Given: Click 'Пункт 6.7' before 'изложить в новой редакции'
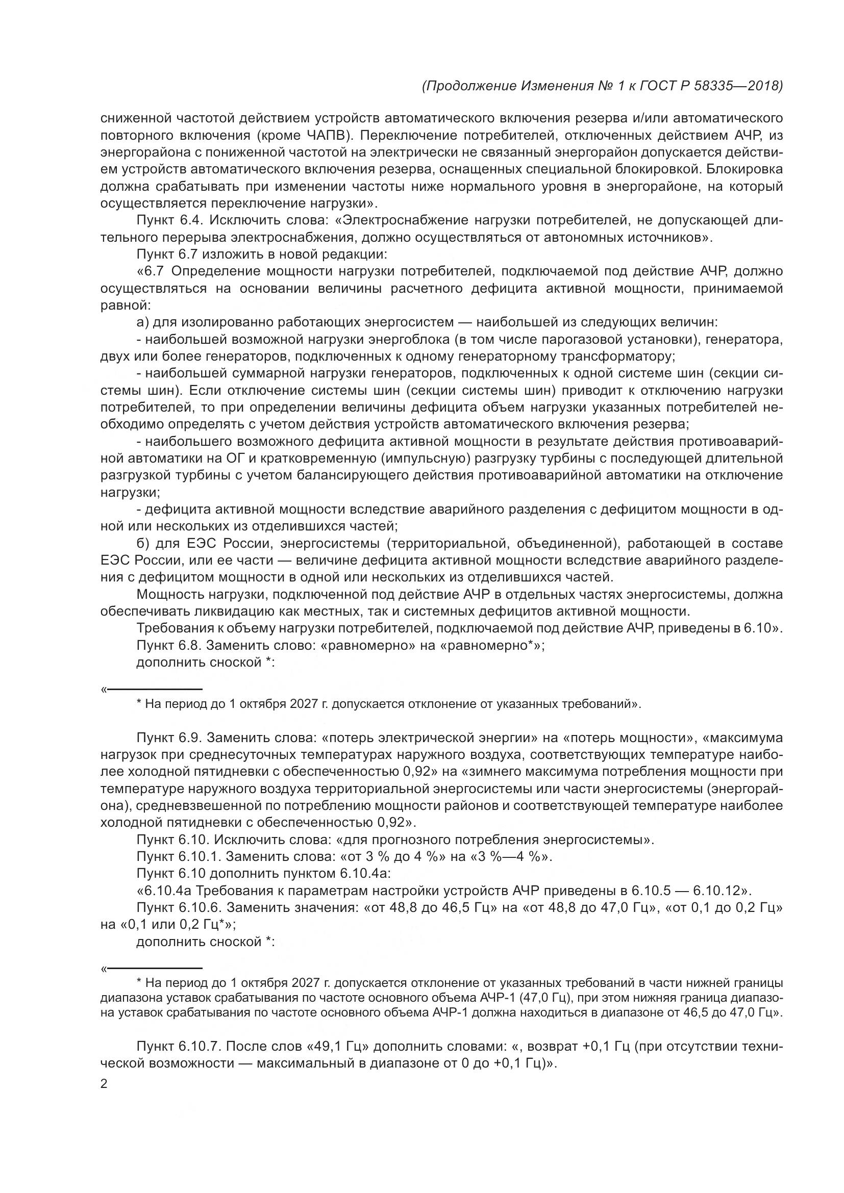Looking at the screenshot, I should tap(167, 255).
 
